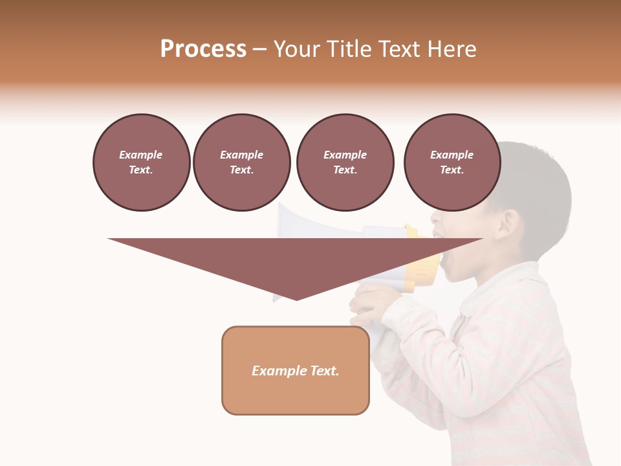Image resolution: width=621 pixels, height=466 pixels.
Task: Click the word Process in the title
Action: tap(203, 49)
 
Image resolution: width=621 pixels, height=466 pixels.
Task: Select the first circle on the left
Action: tap(141, 162)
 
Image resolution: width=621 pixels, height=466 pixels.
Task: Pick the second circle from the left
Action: tap(241, 162)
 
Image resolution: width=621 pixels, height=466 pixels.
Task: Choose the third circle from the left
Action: tap(345, 162)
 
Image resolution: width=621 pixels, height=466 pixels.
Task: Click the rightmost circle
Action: tap(452, 162)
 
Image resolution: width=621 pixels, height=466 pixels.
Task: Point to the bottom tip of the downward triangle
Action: tap(297, 299)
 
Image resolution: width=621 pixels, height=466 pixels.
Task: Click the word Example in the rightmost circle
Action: tap(452, 155)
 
